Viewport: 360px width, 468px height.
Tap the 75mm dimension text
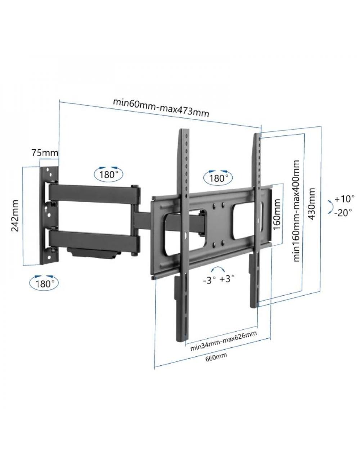[45, 153]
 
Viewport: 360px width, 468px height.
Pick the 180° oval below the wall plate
[45, 283]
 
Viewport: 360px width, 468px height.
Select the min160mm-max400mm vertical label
[296, 211]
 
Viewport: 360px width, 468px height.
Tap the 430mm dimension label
[311, 204]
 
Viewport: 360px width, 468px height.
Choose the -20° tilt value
[343, 213]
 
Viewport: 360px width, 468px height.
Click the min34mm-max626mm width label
[223, 338]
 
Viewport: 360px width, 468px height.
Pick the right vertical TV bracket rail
[255, 216]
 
